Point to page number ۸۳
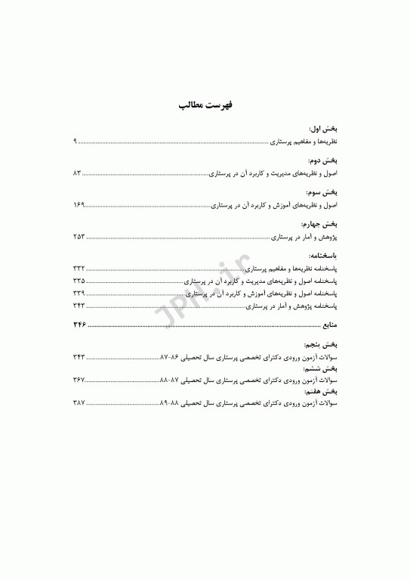pyautogui.click(x=77, y=173)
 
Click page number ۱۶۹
pyautogui.click(x=79, y=205)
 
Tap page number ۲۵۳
pyautogui.click(x=79, y=237)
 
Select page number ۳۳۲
pyautogui.click(x=79, y=269)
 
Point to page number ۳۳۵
pyautogui.click(x=79, y=281)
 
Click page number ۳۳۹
pyautogui.click(x=79, y=293)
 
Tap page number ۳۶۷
pyautogui.click(x=79, y=380)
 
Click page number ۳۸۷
pyautogui.click(x=79, y=404)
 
